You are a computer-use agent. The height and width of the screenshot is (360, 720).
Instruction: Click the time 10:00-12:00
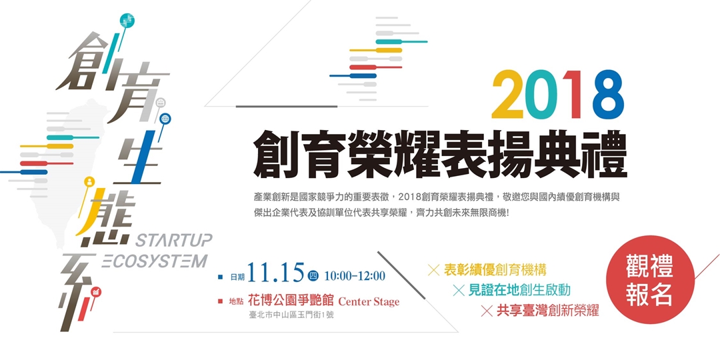[x=355, y=275]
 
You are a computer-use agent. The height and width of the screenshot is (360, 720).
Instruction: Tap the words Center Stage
[x=369, y=301]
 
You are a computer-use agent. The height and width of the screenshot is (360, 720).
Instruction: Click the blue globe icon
[x=165, y=119]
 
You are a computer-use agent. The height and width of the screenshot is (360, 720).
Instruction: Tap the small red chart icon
[x=96, y=291]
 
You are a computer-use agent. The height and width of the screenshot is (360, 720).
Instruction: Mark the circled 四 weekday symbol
[x=313, y=275]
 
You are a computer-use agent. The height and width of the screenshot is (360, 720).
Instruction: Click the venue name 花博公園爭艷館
[x=290, y=301]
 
